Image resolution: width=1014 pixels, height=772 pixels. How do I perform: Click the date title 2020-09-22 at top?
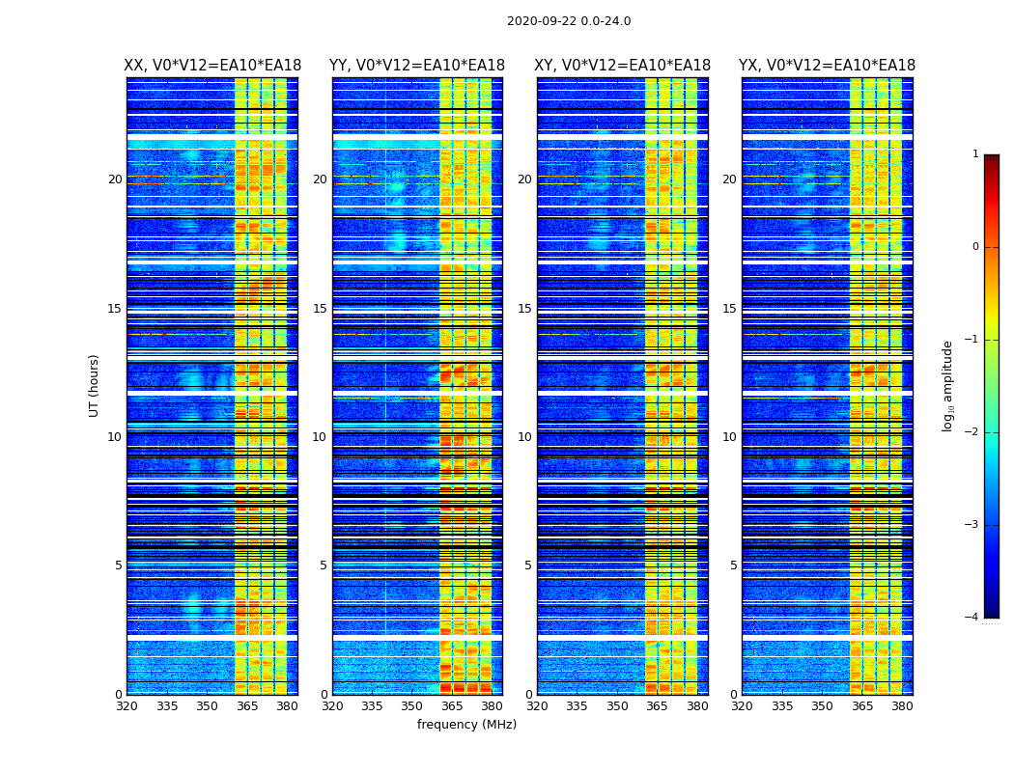(569, 21)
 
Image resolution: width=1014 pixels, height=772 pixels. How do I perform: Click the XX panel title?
(212, 66)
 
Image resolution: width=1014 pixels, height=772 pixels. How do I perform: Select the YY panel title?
(417, 66)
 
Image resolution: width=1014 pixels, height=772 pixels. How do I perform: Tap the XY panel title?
(623, 66)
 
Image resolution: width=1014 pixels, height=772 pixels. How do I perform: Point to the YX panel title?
(827, 66)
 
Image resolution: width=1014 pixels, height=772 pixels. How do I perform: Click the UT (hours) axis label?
(94, 385)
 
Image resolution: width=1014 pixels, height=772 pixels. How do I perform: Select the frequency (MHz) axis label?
(466, 725)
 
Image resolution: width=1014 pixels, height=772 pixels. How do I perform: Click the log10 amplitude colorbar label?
(948, 385)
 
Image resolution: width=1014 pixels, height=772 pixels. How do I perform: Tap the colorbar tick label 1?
(975, 154)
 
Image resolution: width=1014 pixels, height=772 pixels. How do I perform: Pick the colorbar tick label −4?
(972, 618)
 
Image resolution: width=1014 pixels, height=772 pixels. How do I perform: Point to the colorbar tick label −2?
(972, 432)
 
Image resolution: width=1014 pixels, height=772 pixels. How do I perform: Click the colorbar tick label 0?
(975, 247)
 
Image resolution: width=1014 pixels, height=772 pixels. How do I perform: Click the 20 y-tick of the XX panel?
(115, 179)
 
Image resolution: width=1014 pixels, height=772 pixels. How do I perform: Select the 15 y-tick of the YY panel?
(320, 309)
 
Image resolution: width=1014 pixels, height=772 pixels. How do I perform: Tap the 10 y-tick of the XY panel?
(524, 437)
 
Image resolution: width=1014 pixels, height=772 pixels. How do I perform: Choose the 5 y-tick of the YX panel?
(733, 565)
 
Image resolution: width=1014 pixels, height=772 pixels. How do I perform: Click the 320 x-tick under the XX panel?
(127, 706)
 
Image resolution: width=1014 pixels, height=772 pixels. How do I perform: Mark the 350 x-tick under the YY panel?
(412, 706)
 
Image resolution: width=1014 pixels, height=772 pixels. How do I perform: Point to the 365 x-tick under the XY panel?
(657, 706)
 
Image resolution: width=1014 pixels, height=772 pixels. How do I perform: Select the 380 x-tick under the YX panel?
(902, 706)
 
